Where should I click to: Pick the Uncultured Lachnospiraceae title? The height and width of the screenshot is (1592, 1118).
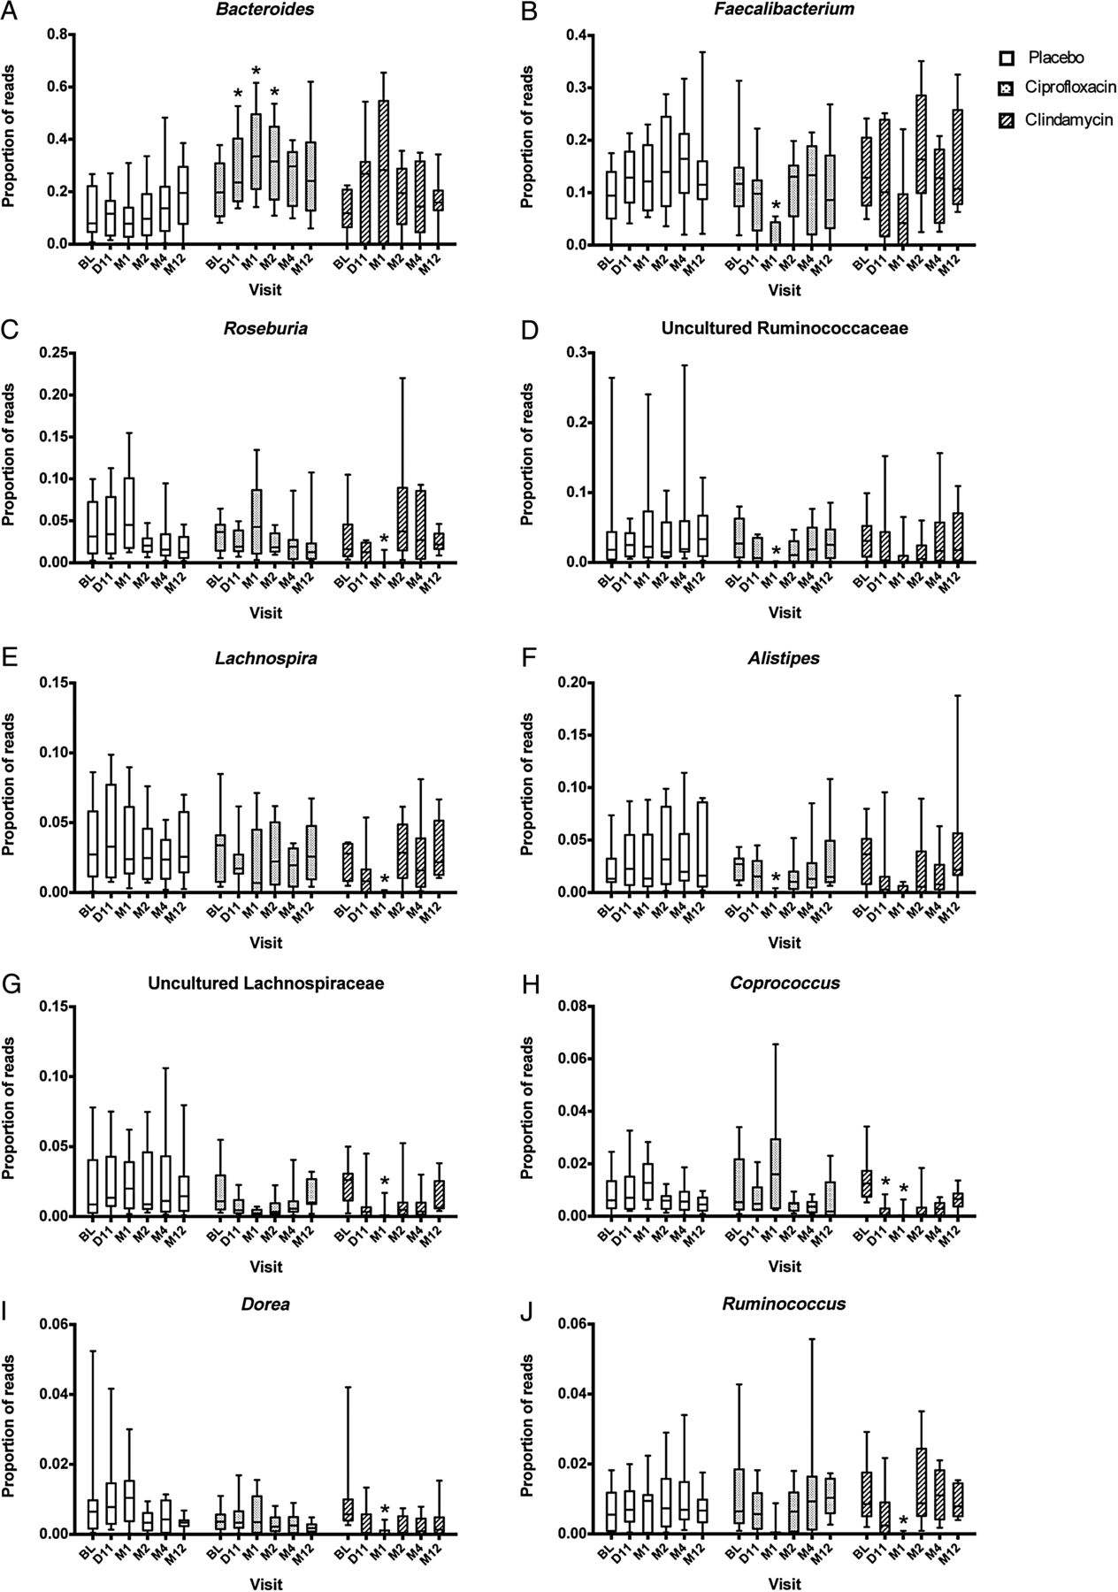265,983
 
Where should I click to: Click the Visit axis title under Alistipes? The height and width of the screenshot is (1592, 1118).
785,943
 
